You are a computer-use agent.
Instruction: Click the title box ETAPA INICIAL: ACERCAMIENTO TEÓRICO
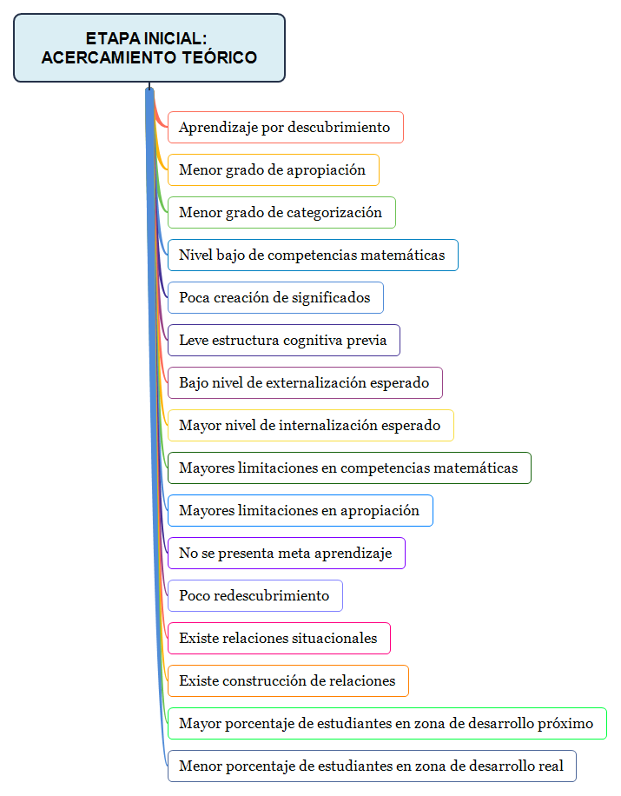pyautogui.click(x=149, y=48)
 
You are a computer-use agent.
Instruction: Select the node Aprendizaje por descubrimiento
pyautogui.click(x=285, y=127)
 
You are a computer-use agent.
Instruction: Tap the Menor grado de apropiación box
pyautogui.click(x=273, y=169)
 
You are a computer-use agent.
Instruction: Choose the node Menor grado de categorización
pyautogui.click(x=281, y=212)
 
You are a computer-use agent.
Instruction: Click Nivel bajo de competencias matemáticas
pyautogui.click(x=312, y=255)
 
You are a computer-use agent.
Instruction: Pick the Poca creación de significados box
pyautogui.click(x=274, y=297)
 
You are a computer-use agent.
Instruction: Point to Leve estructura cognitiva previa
pyautogui.click(x=283, y=340)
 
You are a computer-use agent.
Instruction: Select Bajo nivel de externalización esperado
pyautogui.click(x=304, y=382)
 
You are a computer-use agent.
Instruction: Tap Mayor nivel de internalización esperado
pyautogui.click(x=309, y=425)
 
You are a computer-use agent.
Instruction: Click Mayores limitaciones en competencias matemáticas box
pyautogui.click(x=348, y=468)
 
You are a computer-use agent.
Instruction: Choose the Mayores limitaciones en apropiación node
pyautogui.click(x=299, y=510)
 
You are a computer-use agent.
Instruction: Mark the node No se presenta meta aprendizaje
pyautogui.click(x=286, y=553)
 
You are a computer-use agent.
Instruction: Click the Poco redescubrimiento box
pyautogui.click(x=254, y=595)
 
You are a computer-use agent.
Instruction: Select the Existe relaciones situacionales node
pyautogui.click(x=278, y=638)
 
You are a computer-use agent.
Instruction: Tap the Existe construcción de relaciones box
pyautogui.click(x=287, y=680)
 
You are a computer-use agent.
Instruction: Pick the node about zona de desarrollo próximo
pyautogui.click(x=386, y=723)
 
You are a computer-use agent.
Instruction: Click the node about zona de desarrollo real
pyautogui.click(x=371, y=766)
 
